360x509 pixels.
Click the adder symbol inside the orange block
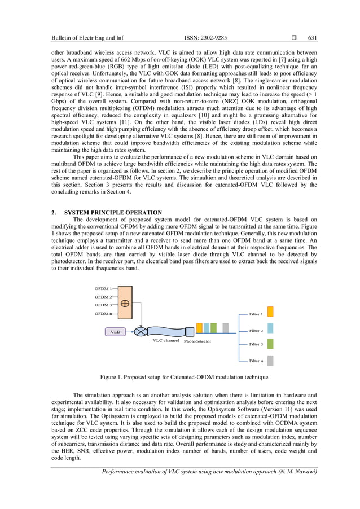[x=125, y=303]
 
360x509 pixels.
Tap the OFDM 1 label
[x=103, y=288]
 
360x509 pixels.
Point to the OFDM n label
[x=103, y=314]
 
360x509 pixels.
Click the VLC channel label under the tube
[x=166, y=341]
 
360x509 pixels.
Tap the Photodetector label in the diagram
[x=198, y=341]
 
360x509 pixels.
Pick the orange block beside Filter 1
[x=270, y=311]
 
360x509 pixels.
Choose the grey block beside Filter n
[x=270, y=361]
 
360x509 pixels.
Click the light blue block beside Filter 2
[x=270, y=328]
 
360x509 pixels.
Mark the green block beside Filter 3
[x=270, y=344]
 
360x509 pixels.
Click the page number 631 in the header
[x=313, y=38]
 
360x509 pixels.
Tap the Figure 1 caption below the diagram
[x=179, y=377]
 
